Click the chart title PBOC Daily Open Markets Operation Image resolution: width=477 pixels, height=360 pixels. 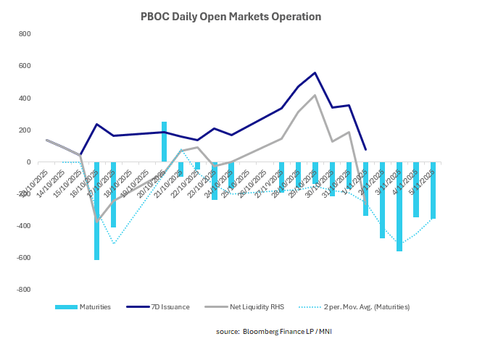[x=230, y=15]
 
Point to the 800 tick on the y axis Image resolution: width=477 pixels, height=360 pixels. [x=25, y=34]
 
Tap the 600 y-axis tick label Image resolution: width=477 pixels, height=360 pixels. [x=25, y=66]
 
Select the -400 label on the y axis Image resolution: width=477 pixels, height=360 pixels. [x=22, y=225]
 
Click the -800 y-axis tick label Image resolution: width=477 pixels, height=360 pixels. [x=22, y=289]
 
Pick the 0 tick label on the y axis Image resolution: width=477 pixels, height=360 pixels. [x=30, y=162]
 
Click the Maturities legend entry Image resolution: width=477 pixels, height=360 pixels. [x=84, y=307]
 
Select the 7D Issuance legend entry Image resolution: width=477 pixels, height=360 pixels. [x=162, y=307]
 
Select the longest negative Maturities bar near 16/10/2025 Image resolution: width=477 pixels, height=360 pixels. [x=96, y=210]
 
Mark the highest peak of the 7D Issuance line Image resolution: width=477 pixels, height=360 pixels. [x=315, y=72]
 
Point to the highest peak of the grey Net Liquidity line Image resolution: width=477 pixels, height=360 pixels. [x=315, y=95]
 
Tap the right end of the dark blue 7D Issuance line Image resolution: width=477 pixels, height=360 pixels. [x=365, y=149]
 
